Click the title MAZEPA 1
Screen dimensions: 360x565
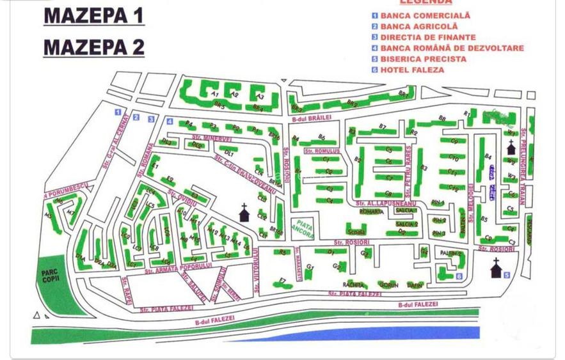click(x=93, y=16)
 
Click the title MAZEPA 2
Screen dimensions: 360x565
click(x=93, y=47)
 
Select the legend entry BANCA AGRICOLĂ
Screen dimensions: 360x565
click(x=419, y=26)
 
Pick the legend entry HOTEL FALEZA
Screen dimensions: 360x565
click(x=412, y=70)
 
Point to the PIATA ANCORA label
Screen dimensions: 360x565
click(x=301, y=230)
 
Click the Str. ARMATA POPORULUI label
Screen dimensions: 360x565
click(x=177, y=269)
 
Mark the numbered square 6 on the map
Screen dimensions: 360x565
click(x=459, y=276)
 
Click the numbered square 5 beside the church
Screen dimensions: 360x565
click(x=507, y=275)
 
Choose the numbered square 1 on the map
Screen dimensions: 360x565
click(x=118, y=113)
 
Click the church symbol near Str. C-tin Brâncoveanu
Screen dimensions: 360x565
click(x=244, y=212)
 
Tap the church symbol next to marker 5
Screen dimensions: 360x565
click(x=496, y=269)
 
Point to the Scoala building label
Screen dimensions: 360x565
click(x=356, y=231)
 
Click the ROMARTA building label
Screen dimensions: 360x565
click(x=371, y=211)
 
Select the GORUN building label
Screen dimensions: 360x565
click(x=388, y=285)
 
